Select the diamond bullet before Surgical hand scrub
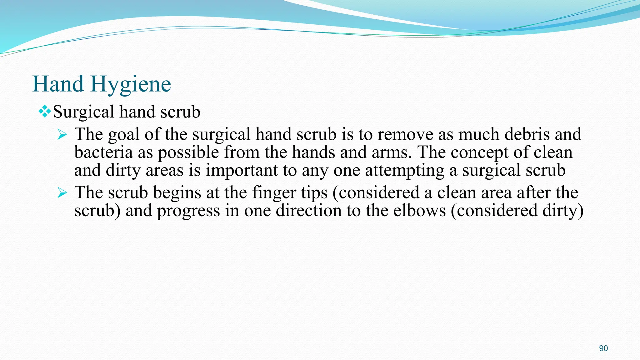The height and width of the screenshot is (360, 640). tap(45, 112)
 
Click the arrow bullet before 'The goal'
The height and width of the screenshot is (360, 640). tap(62, 135)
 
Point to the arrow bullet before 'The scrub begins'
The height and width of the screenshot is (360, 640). tap(62, 193)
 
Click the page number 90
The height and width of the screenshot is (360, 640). tap(603, 348)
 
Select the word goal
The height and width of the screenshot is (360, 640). tap(123, 135)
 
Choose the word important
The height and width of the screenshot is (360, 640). tap(242, 171)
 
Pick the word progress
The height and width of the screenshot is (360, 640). tap(188, 211)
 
